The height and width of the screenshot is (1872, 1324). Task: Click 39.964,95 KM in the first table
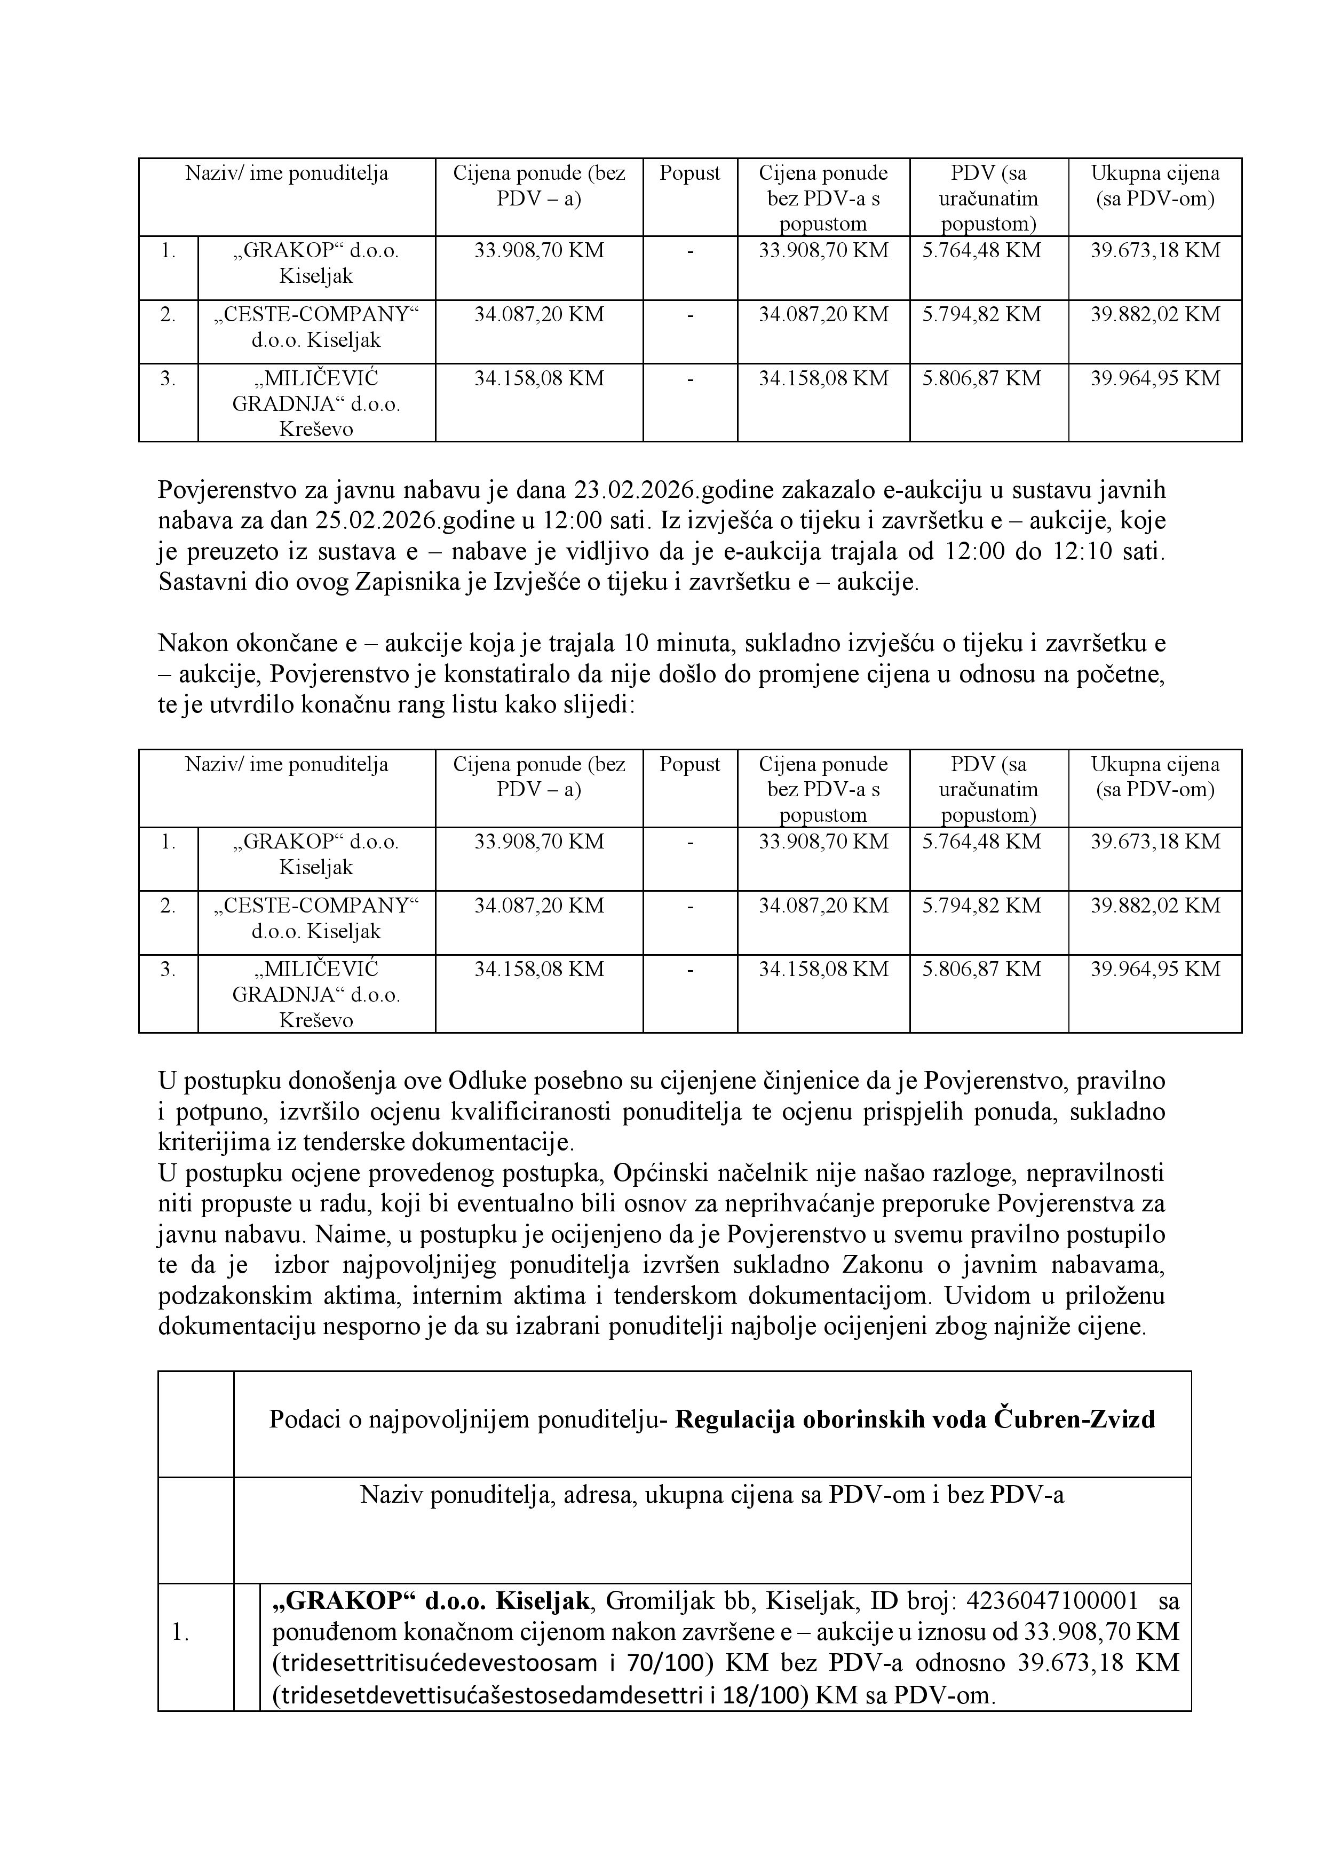point(1155,378)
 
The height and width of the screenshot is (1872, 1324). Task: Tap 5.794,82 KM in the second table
point(981,906)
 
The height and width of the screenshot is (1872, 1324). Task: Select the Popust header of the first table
point(689,173)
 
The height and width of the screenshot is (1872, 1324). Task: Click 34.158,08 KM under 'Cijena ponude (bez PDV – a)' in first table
point(539,378)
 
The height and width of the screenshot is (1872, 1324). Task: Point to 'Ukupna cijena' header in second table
point(1155,764)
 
